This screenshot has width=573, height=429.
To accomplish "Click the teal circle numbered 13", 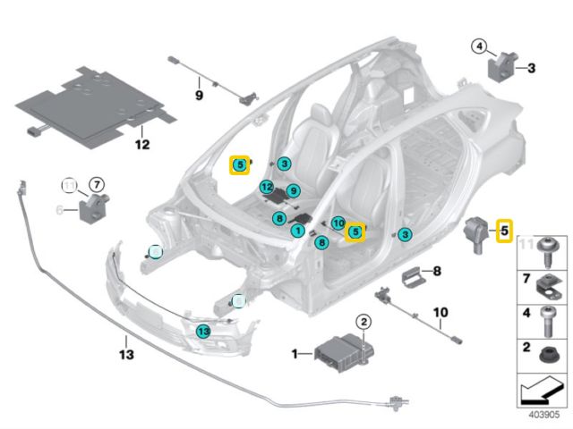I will tap(203, 331).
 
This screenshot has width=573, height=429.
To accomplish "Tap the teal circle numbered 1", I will tap(296, 231).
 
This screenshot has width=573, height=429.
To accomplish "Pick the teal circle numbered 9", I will tap(293, 190).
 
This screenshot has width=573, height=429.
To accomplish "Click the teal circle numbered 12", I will tap(266, 186).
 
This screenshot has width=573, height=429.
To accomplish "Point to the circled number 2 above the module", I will tap(363, 322).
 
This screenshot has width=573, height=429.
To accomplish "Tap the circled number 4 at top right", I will tap(480, 46).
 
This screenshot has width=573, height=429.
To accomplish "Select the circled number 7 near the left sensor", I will tap(96, 186).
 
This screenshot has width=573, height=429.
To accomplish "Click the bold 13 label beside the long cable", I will tap(126, 355).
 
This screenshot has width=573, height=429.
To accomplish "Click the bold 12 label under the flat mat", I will tap(141, 143).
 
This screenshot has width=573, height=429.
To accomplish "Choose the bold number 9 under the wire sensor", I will tap(200, 95).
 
